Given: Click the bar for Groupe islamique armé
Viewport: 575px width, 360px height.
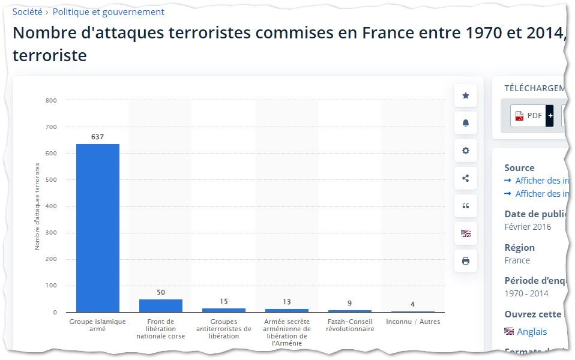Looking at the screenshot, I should coord(97,228).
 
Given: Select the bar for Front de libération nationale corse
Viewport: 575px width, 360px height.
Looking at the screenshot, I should coord(160,305).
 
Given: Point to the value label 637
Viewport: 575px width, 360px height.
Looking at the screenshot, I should coord(97,137).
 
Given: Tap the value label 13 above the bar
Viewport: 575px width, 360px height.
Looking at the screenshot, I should coord(286,302).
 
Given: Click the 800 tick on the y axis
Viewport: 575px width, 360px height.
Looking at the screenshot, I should coord(51,100).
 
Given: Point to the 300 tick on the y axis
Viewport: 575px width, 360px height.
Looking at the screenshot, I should coord(51,233).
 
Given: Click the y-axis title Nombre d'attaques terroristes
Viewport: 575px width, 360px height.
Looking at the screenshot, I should coord(37,206).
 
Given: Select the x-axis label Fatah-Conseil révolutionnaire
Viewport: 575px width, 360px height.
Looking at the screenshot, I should coord(349,325).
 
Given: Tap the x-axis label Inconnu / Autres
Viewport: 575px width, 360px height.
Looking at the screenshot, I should coord(413,322).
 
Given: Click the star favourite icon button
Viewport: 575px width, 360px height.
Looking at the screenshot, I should coord(466,95).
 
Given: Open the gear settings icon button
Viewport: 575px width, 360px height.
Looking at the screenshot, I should coord(466,151).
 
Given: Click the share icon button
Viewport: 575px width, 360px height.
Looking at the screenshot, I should coord(466,178).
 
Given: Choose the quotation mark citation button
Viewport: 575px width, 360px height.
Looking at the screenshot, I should coord(466,206).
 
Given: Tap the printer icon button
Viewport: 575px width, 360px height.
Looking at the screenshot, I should coord(466,261).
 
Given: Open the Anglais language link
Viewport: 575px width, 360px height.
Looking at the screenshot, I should coord(531,332).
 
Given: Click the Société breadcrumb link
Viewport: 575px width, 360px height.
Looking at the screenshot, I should coord(27,12).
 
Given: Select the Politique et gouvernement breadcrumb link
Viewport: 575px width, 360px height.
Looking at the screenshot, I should coord(108,12).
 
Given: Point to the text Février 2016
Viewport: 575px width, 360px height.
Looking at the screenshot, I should coord(528,227).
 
